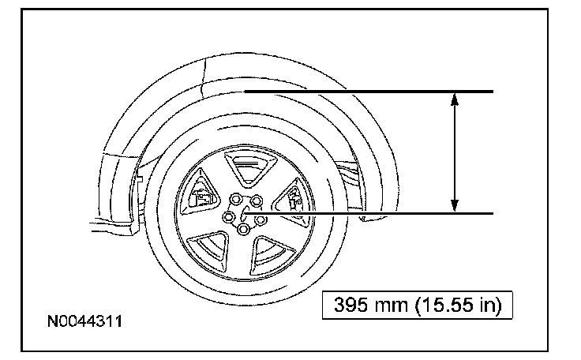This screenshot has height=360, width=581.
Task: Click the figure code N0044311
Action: [84, 321]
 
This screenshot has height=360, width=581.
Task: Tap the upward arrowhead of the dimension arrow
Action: [455, 99]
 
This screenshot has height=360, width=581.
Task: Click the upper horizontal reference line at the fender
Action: [369, 92]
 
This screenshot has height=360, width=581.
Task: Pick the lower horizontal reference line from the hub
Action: [369, 214]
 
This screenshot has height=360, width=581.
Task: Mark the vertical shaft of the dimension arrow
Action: [455, 152]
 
